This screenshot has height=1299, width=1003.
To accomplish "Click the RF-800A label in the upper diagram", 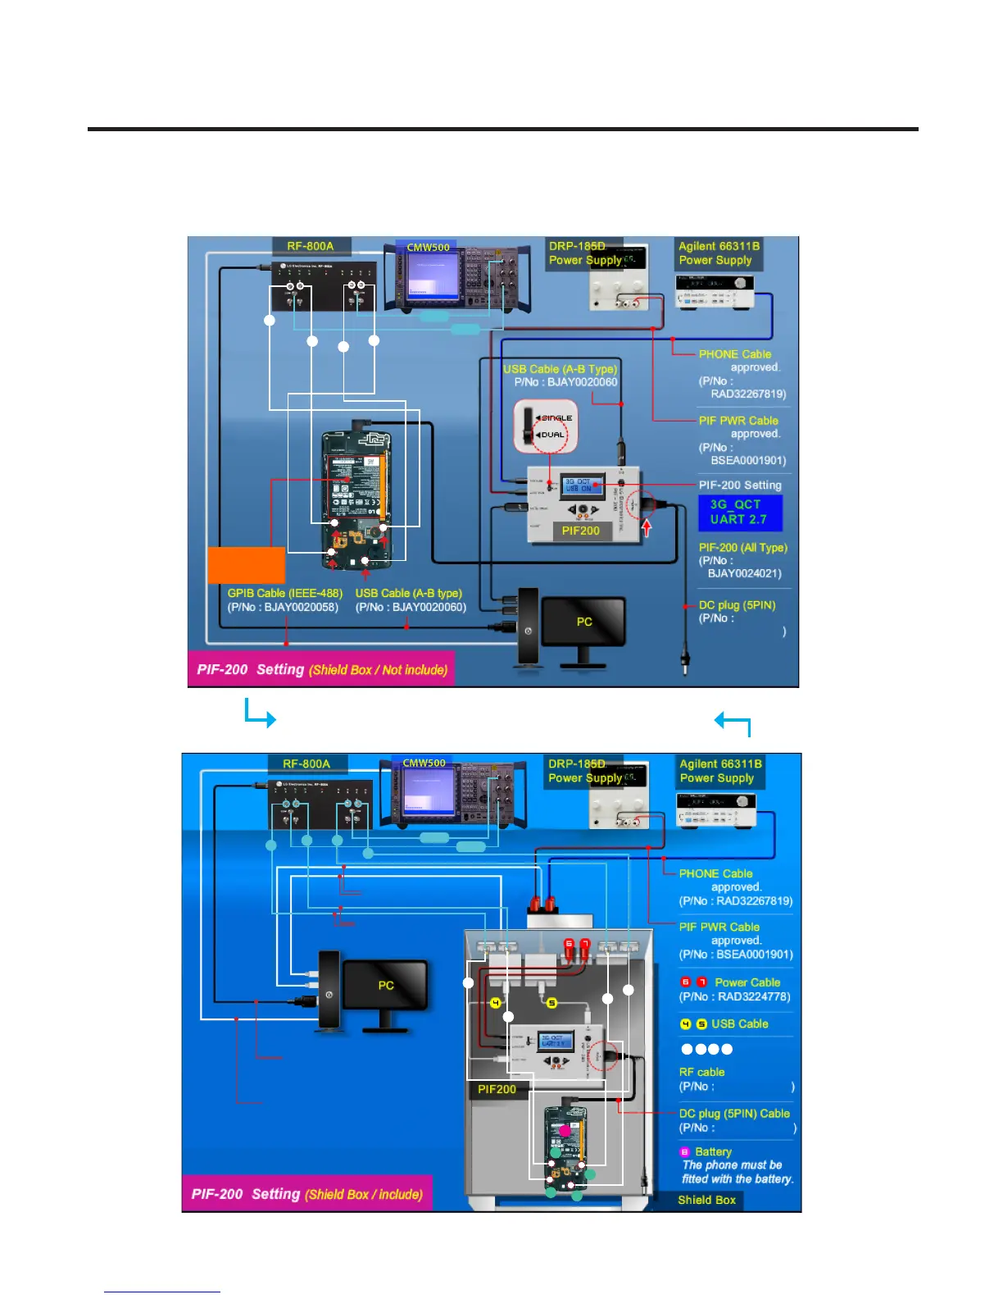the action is click(x=310, y=246).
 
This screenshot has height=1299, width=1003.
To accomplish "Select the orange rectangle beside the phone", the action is click(x=246, y=565).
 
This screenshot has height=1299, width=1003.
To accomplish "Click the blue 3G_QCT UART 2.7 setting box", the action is click(x=740, y=513).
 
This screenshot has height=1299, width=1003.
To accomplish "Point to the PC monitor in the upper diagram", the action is click(x=583, y=622).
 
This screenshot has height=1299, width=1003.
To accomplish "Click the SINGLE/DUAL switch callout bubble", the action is click(x=546, y=426).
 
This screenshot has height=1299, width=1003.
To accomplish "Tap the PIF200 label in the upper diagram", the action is click(x=580, y=531).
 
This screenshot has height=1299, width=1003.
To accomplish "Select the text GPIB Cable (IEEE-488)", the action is click(x=284, y=593).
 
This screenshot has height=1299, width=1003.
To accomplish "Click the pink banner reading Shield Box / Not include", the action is click(x=321, y=669).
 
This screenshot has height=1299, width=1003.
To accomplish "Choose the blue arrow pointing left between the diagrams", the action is click(x=733, y=722).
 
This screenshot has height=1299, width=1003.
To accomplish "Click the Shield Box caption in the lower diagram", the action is click(x=706, y=1200).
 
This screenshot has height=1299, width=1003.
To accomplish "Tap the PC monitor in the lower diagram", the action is click(x=385, y=985).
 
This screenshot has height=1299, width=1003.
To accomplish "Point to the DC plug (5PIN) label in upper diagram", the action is click(x=736, y=605).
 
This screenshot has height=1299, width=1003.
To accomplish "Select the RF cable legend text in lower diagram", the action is click(x=701, y=1072).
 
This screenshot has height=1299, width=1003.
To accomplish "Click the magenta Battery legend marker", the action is click(x=685, y=1152).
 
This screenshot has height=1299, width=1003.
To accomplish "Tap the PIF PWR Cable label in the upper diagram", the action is click(x=737, y=421).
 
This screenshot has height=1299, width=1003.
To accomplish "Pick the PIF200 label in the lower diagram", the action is click(x=497, y=1089).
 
